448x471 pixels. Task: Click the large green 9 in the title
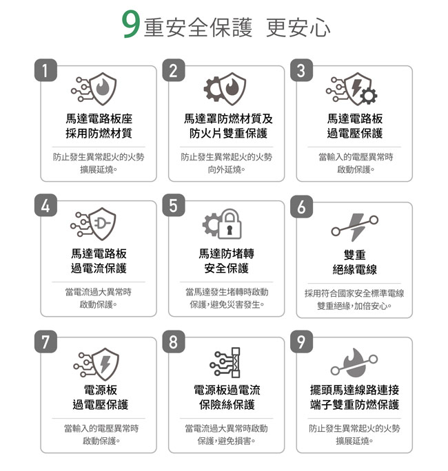(x=130, y=25)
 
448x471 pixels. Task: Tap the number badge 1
(x=45, y=70)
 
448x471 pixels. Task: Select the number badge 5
(x=174, y=205)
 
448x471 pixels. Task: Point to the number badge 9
(x=301, y=342)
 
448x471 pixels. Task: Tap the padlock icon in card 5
(x=230, y=224)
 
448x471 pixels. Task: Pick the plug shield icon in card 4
(x=103, y=224)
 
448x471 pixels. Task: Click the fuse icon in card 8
(x=236, y=363)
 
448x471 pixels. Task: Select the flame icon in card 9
(x=356, y=363)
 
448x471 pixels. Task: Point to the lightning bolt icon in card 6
(x=357, y=227)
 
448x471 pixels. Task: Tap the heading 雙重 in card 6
(x=355, y=255)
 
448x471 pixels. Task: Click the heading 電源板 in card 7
(x=101, y=390)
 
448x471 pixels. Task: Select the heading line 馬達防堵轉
(x=226, y=253)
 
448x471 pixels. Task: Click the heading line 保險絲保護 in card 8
(x=227, y=405)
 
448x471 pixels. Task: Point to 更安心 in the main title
(x=298, y=28)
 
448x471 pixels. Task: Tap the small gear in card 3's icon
(x=369, y=96)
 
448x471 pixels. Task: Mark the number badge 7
(x=45, y=342)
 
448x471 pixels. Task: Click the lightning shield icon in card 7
(x=106, y=364)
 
